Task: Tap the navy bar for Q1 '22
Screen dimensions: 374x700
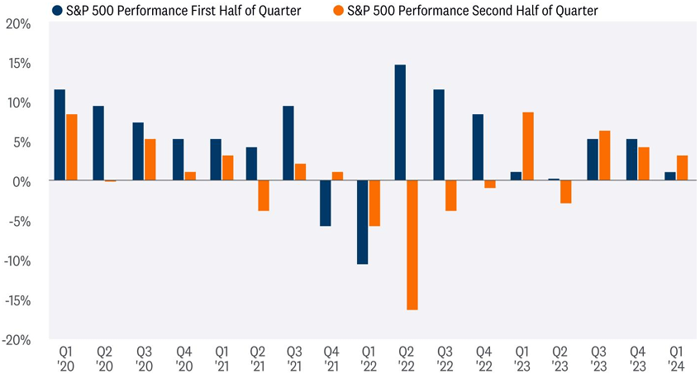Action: pyautogui.click(x=363, y=222)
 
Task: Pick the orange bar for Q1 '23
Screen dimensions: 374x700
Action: pyautogui.click(x=527, y=146)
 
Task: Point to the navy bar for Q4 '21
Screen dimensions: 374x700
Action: pyautogui.click(x=325, y=203)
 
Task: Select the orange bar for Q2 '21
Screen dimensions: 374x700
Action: pyautogui.click(x=263, y=195)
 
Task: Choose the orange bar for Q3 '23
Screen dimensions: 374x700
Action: pyautogui.click(x=604, y=156)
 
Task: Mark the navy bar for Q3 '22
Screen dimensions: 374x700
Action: pyautogui.click(x=439, y=135)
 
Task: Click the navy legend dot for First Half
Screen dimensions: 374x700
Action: pyautogui.click(x=57, y=11)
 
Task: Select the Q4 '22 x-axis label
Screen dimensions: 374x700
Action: pyautogui.click(x=483, y=357)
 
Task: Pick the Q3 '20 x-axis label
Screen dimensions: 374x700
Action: pyautogui.click(x=141, y=357)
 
